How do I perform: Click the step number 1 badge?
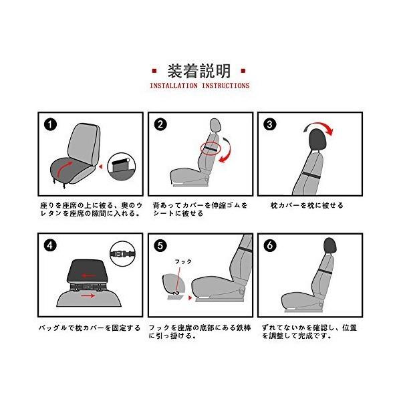pyautogui.click(x=50, y=125)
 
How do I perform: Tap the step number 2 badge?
pyautogui.click(x=160, y=125)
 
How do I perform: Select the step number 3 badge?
pyautogui.click(x=270, y=125)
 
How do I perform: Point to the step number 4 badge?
pyautogui.click(x=50, y=245)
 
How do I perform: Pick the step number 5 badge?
pyautogui.click(x=160, y=245)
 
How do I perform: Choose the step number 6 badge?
pyautogui.click(x=270, y=245)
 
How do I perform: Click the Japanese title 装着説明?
pyautogui.click(x=199, y=71)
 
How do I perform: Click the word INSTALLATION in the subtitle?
pyautogui.click(x=173, y=86)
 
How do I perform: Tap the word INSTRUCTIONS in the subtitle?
pyautogui.click(x=225, y=86)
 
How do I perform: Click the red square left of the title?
pyautogui.click(x=154, y=71)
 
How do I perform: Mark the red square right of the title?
pyautogui.click(x=243, y=71)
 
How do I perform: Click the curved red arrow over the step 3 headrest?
pyautogui.click(x=319, y=126)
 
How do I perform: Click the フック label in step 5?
pyautogui.click(x=183, y=261)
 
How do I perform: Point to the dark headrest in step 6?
pyautogui.click(x=329, y=245)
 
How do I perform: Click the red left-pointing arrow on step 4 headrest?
pyautogui.click(x=89, y=275)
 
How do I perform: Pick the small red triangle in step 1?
pyautogui.click(x=101, y=166)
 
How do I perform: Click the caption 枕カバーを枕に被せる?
pyautogui.click(x=307, y=205)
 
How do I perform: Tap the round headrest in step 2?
pyautogui.click(x=215, y=126)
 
